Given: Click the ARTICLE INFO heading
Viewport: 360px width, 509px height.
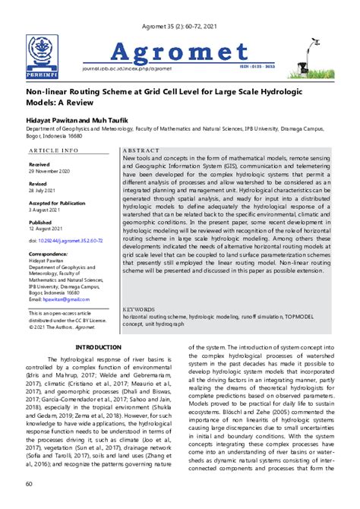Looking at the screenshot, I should pyautogui.click(x=53, y=151).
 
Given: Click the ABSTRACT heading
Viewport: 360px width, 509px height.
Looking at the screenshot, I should pyautogui.click(x=141, y=151).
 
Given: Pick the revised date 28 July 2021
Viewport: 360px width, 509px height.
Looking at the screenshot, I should pyautogui.click(x=45, y=190).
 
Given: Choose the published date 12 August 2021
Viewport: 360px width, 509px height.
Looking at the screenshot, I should pyautogui.click(x=48, y=228).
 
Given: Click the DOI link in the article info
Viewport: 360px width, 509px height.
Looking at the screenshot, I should pyautogui.click(x=65, y=241).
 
